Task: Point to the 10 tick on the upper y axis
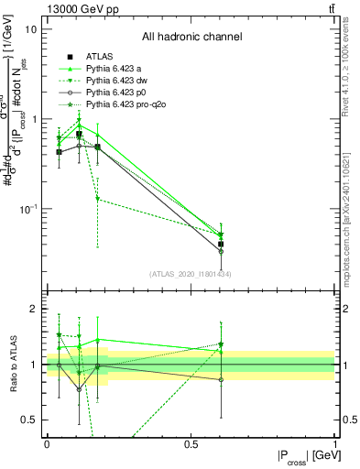31,29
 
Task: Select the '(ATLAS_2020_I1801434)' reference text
191,274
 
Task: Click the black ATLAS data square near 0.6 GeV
221,244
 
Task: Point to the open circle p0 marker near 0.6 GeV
221,251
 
